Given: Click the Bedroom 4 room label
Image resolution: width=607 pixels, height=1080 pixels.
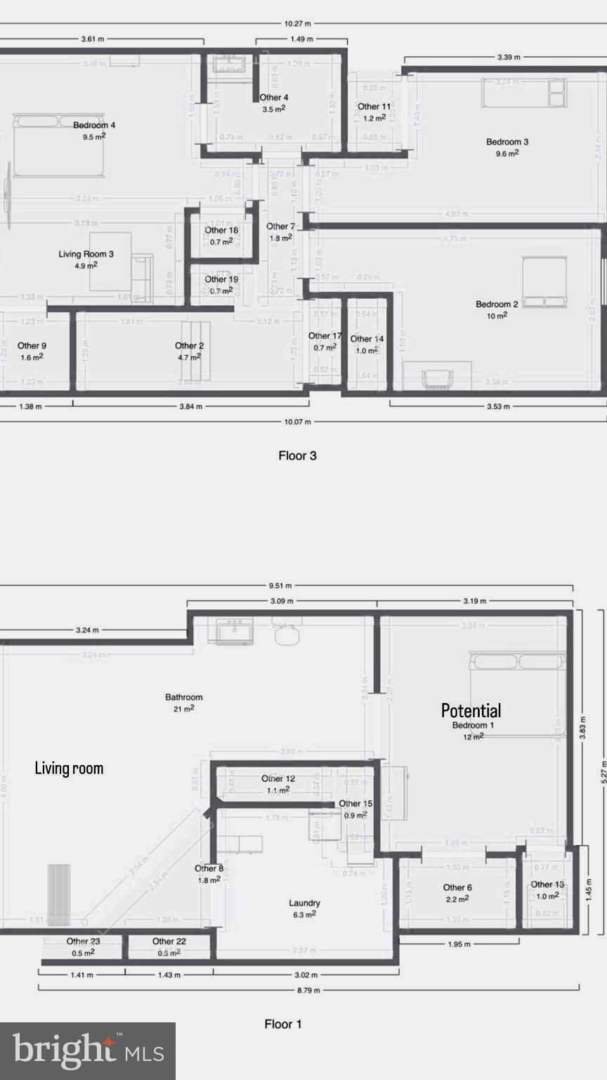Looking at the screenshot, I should point(94,126).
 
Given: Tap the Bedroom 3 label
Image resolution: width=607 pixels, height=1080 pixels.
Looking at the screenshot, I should point(507,142).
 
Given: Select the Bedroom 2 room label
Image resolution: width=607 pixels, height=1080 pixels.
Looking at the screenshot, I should point(497,304).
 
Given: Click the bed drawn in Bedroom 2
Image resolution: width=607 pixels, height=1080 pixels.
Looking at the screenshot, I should point(544,282).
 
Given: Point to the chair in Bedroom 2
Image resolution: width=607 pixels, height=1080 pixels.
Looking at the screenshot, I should point(437,378).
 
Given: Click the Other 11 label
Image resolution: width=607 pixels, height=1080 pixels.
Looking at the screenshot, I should point(374,107).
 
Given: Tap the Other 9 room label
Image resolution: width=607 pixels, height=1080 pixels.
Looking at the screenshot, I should point(32,346).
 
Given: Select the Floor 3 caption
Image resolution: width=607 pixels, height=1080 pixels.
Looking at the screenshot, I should point(297,456).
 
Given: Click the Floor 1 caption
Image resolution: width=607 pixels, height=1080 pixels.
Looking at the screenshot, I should point(283,1024).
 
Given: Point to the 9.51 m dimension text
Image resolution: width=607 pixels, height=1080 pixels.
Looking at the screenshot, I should point(279,586).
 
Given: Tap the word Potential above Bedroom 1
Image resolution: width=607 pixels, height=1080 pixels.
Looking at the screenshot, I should point(471,710).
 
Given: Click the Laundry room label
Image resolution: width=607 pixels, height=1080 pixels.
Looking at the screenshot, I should point(304,903).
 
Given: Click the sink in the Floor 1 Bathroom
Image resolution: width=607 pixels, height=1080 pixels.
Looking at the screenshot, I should point(235,631).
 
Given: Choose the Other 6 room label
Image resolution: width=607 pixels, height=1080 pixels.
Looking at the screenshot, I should point(457,887).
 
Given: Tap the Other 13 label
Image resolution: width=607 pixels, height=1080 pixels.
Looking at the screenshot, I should point(547,885).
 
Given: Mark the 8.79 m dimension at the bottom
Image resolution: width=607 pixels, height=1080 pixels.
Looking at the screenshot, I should point(308,990).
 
